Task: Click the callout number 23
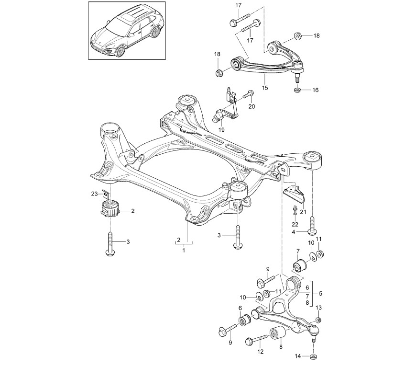[x=94, y=194]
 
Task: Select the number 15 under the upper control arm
[x=265, y=88]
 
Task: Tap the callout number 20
[x=252, y=106]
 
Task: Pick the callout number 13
[x=319, y=307]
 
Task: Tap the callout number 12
[x=260, y=352]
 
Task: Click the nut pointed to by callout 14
[x=314, y=356]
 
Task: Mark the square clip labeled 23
[x=104, y=194]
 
